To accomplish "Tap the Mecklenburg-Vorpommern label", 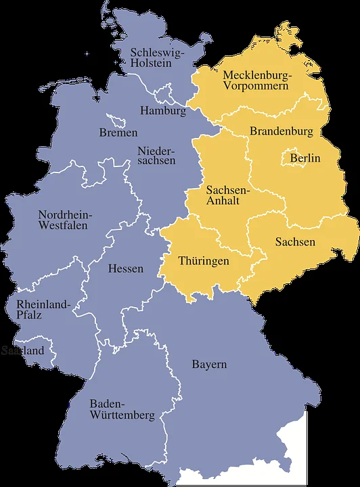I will (257, 80).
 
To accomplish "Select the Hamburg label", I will (163, 110).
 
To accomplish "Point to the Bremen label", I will (118, 133).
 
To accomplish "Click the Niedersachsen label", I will (156, 155).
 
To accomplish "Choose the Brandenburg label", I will (282, 131).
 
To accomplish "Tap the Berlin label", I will (305, 158).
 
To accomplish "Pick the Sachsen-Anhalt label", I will (228, 195).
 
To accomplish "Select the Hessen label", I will (126, 269).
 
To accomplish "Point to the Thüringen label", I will (204, 260).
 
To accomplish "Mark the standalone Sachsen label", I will (295, 242).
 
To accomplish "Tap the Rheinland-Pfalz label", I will (43, 310).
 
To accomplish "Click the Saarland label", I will (22, 351).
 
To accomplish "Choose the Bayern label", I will (208, 365).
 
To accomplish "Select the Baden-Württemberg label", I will (122, 409).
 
